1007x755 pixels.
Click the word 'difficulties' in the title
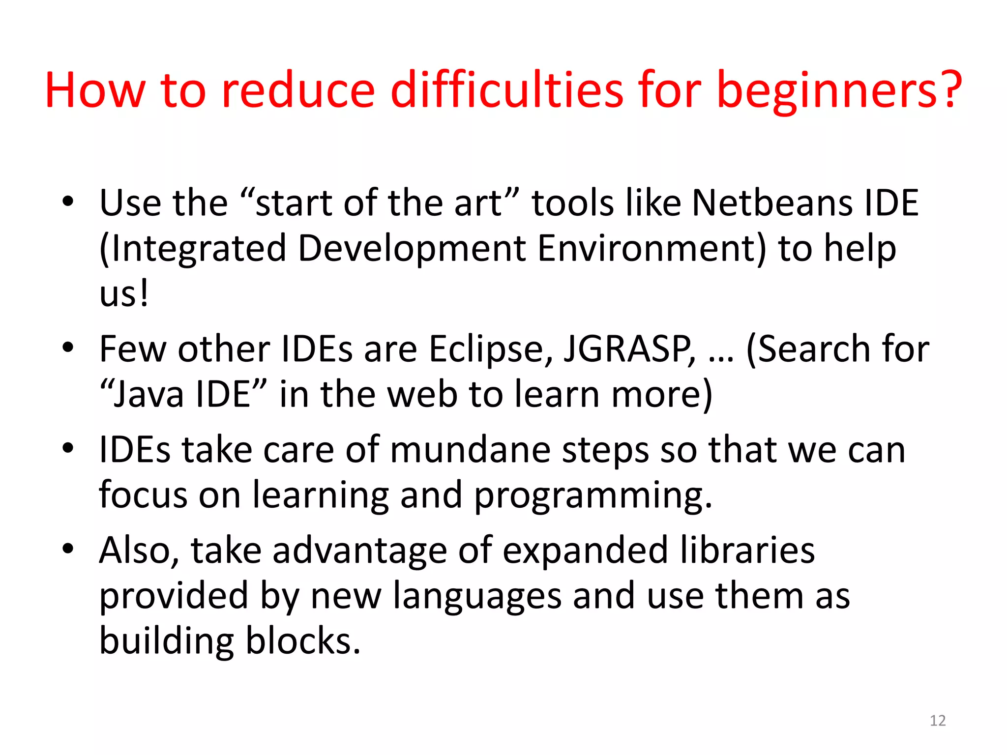[506, 90]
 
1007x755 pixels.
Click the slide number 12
[938, 721]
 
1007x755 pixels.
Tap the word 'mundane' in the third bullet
[470, 450]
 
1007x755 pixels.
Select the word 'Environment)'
[652, 249]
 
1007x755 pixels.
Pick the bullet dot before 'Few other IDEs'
[68, 348]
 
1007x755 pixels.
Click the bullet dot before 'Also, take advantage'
[68, 548]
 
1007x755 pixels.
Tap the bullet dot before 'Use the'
[68, 201]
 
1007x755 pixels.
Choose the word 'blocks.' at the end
[303, 641]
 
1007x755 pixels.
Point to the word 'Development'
[412, 248]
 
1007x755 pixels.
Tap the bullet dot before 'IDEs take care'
[68, 448]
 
